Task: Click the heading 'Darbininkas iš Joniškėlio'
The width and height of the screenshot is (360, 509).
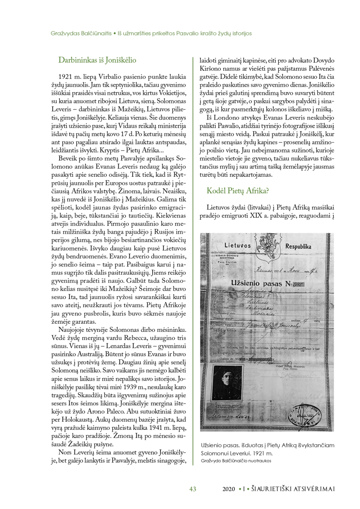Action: [97, 60]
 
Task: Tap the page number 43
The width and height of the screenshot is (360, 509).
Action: [193, 489]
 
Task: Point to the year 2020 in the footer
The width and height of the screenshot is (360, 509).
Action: [229, 489]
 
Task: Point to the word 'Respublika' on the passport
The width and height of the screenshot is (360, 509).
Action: [298, 247]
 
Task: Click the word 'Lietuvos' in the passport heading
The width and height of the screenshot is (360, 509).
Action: [237, 245]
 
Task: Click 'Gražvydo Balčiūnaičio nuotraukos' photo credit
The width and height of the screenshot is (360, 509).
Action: [236, 461]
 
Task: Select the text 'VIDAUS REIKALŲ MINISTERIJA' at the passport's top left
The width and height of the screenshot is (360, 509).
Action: [227, 257]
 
